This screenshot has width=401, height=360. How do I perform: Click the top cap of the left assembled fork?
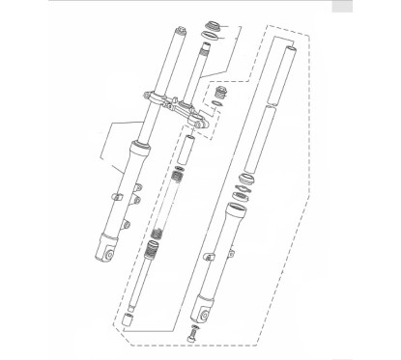pyautogui.click(x=178, y=34)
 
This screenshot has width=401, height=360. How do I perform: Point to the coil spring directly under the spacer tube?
pyautogui.click(x=177, y=180)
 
